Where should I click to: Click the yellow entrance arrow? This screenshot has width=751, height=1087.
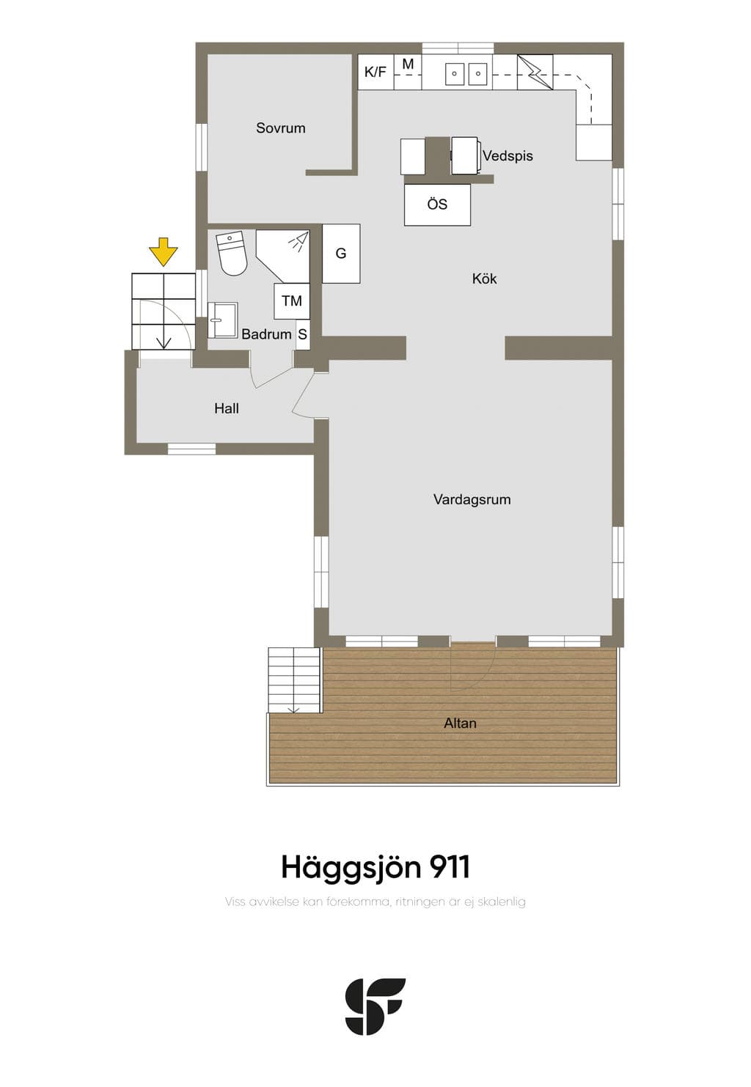(x=163, y=251)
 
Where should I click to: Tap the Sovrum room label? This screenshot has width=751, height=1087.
(x=281, y=128)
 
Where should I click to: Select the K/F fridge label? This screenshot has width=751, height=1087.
(x=375, y=73)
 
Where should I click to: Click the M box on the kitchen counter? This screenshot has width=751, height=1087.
(x=408, y=72)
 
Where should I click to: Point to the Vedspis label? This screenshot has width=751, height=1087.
(x=508, y=156)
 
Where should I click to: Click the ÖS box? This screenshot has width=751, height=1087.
(x=437, y=204)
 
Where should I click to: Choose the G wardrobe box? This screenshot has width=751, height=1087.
(x=341, y=254)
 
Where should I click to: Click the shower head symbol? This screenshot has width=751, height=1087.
(x=298, y=241)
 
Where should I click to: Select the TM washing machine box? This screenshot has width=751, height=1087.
(x=292, y=301)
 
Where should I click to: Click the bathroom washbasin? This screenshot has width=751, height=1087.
(x=222, y=320)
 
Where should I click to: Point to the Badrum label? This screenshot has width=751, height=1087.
(x=266, y=334)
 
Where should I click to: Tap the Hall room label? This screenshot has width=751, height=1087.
(x=226, y=408)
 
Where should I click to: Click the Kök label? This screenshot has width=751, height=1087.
(x=485, y=279)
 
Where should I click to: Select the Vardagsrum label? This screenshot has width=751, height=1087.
(x=472, y=499)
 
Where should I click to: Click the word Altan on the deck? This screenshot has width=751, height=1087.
(x=460, y=723)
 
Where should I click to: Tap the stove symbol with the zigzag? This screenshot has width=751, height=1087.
(x=535, y=73)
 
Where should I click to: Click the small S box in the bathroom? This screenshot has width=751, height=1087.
(x=302, y=334)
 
